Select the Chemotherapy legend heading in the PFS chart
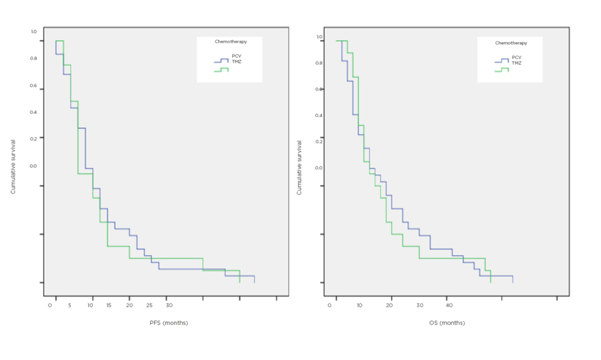point(230,42)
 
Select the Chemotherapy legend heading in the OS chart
point(511,43)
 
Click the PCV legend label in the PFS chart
point(237,56)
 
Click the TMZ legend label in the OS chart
point(517,63)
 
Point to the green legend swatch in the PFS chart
point(221,70)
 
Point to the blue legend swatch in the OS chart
point(502,61)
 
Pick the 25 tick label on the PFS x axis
point(149,305)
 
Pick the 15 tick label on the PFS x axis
point(109,305)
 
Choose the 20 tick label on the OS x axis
point(390,305)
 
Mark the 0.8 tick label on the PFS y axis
point(33,58)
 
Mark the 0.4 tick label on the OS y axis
point(319,116)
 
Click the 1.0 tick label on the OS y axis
point(319,36)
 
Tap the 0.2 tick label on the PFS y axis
point(33,137)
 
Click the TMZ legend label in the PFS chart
point(237,62)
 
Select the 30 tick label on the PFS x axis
point(169,305)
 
